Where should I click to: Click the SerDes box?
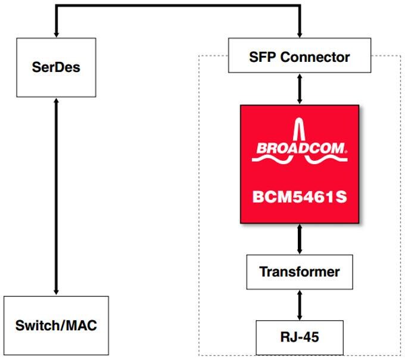(56, 67)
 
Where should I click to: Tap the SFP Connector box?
(299, 58)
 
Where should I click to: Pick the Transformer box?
(299, 272)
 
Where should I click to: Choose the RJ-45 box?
(299, 337)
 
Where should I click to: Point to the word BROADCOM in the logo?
(298, 148)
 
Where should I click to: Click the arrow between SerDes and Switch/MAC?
(56, 196)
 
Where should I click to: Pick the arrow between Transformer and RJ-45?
(299, 304)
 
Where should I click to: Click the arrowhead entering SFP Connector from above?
(299, 34)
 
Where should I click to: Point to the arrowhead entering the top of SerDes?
(56, 34)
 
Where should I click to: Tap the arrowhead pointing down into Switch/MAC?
(56, 292)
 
